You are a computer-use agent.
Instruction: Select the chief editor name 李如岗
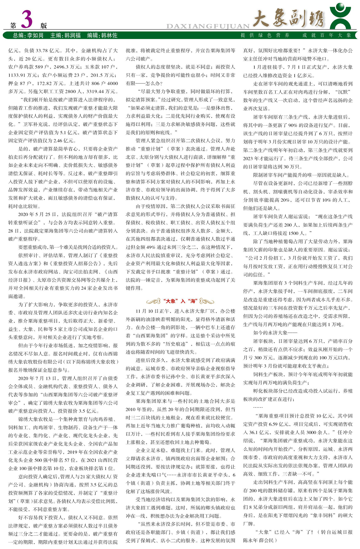pyautogui.click(x=35, y=35)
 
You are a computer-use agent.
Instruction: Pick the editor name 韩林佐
pyautogui.click(x=109, y=35)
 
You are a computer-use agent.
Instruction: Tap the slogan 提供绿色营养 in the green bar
pyautogui.click(x=265, y=35)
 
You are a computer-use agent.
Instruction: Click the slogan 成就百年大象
pyautogui.click(x=327, y=35)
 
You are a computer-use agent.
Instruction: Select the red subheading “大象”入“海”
pyautogui.click(x=180, y=301)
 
